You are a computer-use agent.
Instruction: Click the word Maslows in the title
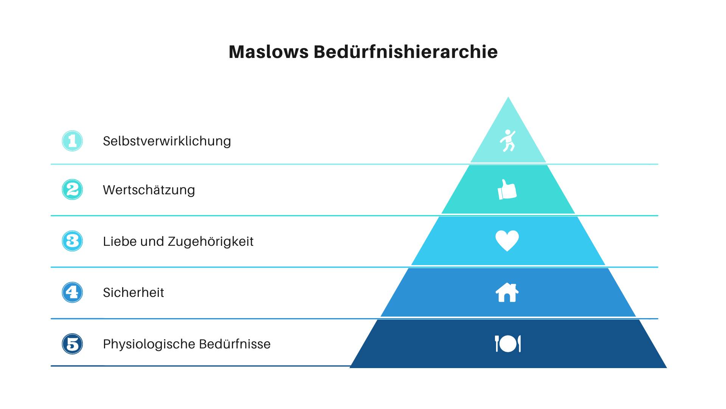(268, 52)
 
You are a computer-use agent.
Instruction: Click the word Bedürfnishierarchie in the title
(405, 52)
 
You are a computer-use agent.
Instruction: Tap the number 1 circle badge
(72, 141)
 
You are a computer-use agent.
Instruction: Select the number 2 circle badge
(72, 189)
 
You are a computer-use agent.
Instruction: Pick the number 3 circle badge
(72, 241)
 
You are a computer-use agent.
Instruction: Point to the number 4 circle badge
(72, 292)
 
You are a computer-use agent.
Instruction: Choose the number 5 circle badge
(72, 344)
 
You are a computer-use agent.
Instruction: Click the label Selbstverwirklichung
(167, 141)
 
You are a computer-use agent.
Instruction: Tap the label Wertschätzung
(149, 190)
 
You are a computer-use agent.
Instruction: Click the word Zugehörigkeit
(211, 242)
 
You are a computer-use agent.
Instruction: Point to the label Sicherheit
(133, 292)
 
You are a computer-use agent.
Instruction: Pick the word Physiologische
(149, 344)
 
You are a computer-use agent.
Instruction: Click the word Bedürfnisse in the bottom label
(234, 344)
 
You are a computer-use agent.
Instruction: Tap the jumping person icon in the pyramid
(507, 140)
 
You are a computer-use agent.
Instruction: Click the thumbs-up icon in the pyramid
(507, 189)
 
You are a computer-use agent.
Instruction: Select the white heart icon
(507, 240)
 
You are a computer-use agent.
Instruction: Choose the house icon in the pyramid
(507, 292)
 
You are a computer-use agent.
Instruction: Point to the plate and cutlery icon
(508, 343)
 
